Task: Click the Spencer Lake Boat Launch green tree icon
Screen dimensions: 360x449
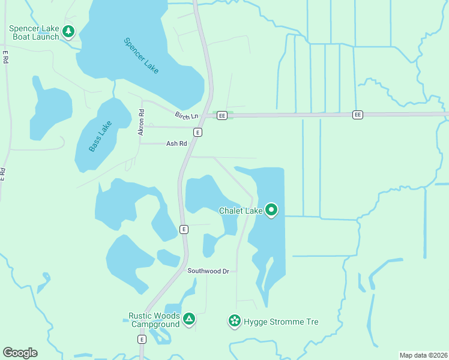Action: [68, 31]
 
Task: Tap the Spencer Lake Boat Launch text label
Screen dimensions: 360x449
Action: [34, 32]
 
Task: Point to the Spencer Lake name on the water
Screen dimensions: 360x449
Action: [141, 56]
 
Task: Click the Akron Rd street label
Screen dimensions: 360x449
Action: [142, 122]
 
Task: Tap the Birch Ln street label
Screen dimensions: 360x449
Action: [186, 115]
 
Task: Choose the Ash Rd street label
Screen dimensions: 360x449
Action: [176, 143]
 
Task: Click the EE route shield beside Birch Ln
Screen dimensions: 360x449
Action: [222, 115]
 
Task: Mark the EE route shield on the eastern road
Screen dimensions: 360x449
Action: [358, 114]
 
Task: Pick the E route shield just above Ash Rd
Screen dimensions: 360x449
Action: [197, 132]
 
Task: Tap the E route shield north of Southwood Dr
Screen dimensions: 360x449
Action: [184, 229]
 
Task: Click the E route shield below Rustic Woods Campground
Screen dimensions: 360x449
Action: [142, 339]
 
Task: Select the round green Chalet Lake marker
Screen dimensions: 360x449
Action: [271, 210]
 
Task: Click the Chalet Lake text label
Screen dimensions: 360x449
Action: [241, 211]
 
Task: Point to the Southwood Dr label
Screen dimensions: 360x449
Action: [208, 271]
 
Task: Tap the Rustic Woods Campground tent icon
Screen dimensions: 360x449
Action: [188, 319]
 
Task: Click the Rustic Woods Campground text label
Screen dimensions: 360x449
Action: [154, 320]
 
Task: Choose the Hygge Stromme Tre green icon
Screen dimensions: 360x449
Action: [234, 322]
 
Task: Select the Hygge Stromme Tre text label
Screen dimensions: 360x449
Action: [281, 322]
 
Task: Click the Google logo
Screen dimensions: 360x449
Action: [20, 353]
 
